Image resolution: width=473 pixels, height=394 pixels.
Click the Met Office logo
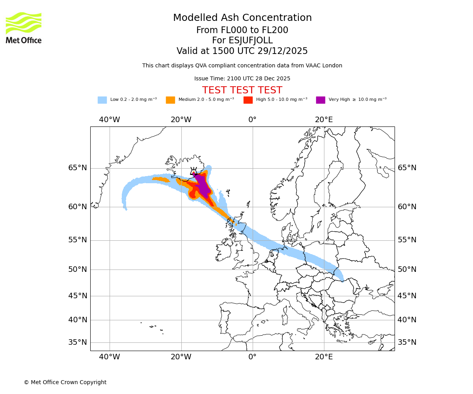point(24,28)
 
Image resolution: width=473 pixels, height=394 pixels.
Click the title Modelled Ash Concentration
point(242,18)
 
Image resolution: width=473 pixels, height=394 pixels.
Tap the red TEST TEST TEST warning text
point(242,90)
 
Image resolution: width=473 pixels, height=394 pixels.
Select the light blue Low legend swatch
point(102,100)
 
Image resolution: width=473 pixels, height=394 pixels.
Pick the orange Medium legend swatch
point(170,100)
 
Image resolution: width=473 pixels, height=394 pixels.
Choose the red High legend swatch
point(248,100)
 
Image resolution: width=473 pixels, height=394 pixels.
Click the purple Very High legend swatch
point(320,100)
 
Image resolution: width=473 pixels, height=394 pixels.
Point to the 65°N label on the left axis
point(78,168)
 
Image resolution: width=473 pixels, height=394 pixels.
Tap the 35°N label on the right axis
point(407,342)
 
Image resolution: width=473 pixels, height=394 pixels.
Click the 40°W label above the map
point(109,120)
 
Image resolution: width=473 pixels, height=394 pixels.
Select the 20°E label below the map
point(324,357)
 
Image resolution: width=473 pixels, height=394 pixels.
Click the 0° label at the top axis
point(252,120)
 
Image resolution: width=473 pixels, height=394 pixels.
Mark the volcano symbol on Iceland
point(194,171)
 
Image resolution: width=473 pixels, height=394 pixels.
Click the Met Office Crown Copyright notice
point(65,382)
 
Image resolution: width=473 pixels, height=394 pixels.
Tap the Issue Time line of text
point(242,78)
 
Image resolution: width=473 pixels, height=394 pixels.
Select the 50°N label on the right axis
point(407,269)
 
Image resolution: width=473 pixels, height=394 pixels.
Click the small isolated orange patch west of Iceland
point(161,180)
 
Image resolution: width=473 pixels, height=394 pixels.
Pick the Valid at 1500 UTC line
point(242,51)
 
